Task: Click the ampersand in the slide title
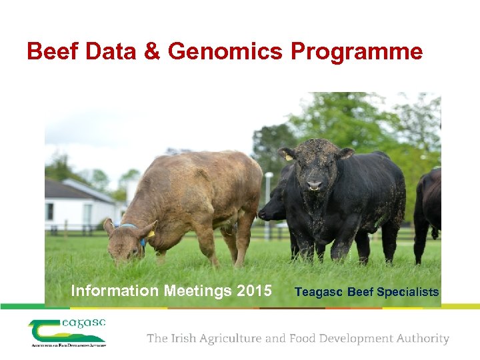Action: (153, 51)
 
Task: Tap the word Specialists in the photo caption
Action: (408, 292)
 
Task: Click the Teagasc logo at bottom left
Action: (67, 333)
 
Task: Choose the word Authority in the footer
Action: (421, 339)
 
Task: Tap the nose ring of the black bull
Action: (314, 187)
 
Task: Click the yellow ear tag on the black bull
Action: (288, 157)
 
